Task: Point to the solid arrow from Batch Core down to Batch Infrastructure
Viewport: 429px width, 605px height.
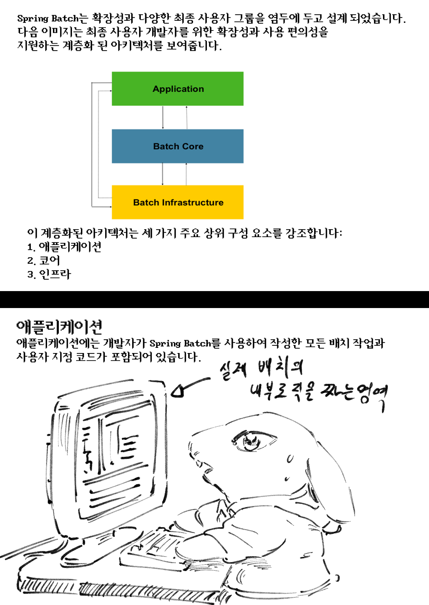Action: (163, 174)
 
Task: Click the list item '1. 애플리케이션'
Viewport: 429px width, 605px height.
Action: (64, 247)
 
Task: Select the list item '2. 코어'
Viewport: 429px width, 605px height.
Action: (44, 261)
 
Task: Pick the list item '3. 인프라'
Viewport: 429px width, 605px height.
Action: (49, 274)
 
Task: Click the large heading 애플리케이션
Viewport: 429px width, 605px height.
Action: (59, 326)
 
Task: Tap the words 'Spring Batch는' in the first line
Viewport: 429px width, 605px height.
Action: (53, 18)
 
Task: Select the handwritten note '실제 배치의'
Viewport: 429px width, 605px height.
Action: (261, 370)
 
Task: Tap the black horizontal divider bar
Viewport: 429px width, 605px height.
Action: (214, 299)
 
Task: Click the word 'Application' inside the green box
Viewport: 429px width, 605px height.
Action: (178, 89)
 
